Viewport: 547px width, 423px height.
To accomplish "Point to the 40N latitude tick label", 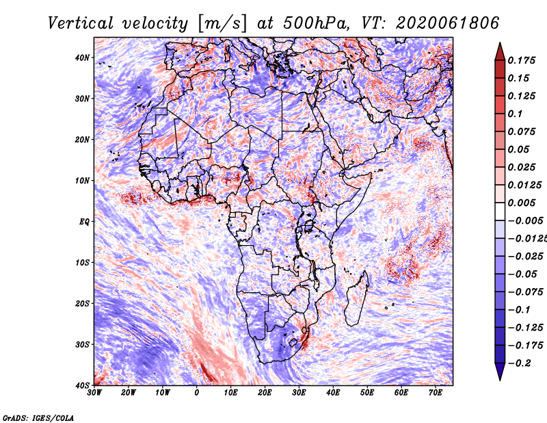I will [82, 57].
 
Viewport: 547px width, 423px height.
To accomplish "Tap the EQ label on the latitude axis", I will [84, 221].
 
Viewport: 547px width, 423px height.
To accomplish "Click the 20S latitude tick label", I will [82, 303].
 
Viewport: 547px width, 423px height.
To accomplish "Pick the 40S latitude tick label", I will [82, 385].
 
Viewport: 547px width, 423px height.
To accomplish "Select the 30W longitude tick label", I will [94, 392].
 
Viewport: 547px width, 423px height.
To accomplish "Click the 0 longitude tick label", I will [197, 392].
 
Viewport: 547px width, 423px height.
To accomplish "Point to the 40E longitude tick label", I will [333, 392].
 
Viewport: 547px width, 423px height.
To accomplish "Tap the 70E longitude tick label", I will [436, 392].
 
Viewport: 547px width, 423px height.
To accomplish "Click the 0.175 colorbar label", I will [522, 60].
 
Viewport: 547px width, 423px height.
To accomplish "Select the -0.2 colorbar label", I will [518, 363].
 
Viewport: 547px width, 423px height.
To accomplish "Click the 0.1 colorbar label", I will [516, 114].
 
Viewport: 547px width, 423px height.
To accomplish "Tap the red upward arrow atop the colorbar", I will [500, 48].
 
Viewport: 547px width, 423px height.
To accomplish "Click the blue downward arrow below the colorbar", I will [500, 374].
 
